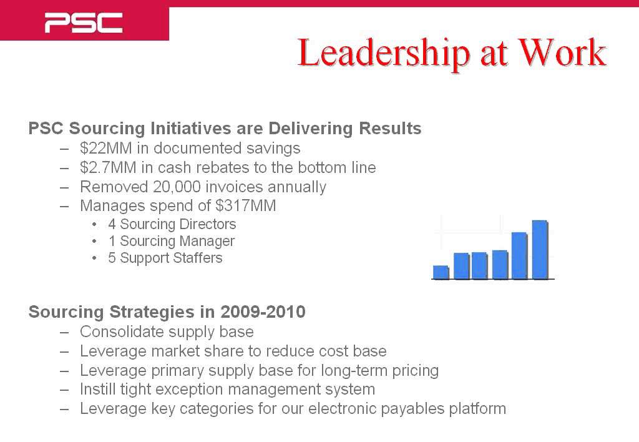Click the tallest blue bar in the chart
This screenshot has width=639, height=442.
[x=539, y=249]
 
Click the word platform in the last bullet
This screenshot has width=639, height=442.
[x=477, y=409]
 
